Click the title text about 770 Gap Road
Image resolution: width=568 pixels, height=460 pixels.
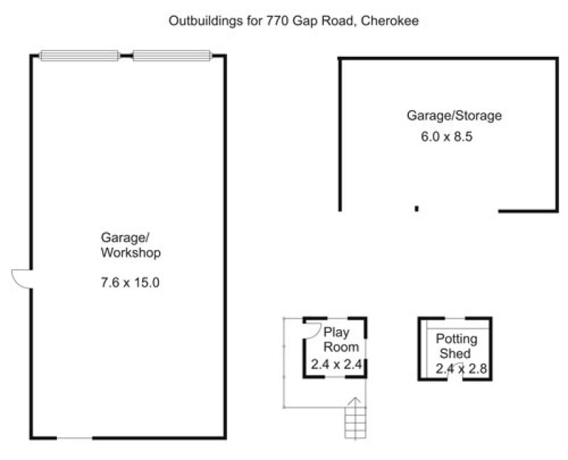pos(294,21)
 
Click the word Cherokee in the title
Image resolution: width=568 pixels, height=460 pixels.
pos(390,21)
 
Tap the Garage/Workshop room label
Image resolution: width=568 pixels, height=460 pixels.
pos(131,245)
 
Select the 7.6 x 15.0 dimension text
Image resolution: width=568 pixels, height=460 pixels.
pos(130,282)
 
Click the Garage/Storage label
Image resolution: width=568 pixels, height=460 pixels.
pos(454,116)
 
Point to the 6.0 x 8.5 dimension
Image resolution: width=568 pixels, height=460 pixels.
pos(447,136)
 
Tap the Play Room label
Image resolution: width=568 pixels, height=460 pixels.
pos(341,339)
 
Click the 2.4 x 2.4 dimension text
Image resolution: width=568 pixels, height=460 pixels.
pos(337,364)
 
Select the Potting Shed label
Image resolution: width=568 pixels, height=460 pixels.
pos(457,346)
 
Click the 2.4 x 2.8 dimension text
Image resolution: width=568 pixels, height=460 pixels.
pos(461,368)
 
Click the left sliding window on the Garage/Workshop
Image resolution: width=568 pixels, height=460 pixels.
pos(80,55)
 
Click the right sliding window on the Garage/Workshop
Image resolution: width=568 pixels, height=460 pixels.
pos(172,55)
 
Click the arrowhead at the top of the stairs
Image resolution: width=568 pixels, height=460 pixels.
pos(356,400)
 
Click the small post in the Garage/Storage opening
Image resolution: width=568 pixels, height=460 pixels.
pos(417,209)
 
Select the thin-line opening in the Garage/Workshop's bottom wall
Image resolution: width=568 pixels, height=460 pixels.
pos(75,438)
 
